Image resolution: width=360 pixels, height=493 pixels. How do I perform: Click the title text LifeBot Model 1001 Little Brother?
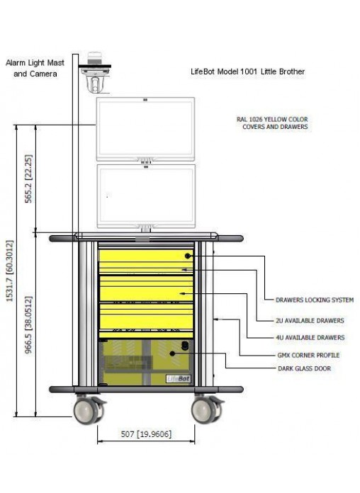coord(247,72)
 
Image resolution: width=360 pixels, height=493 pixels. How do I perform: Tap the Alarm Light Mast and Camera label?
coord(35,68)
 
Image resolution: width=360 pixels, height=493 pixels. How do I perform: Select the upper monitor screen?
coord(145,129)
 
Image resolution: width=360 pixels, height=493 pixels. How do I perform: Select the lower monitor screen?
coord(146,196)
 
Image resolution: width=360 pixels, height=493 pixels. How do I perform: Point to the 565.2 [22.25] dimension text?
coord(28,178)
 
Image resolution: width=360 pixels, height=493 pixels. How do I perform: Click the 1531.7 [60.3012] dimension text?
coord(10,271)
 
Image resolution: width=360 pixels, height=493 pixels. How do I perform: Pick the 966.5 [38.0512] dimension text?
coord(28,325)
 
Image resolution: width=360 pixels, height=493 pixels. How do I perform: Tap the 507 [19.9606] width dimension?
coord(146,434)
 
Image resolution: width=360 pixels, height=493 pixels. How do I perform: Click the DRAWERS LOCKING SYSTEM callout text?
coord(315,300)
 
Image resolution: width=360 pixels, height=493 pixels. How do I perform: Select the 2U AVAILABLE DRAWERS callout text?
coord(310,320)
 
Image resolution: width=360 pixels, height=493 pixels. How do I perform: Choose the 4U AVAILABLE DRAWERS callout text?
coord(310,337)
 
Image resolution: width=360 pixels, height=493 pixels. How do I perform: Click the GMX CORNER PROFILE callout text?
coord(308,355)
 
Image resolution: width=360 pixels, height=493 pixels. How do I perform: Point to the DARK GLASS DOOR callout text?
coord(304,368)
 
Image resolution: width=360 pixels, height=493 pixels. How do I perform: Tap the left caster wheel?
coord(86,409)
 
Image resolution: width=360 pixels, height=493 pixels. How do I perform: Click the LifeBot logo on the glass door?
coord(179,378)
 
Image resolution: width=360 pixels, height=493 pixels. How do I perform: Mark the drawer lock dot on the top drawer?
coord(188,256)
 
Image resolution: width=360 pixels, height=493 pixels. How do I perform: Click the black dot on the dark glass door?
coord(172,353)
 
